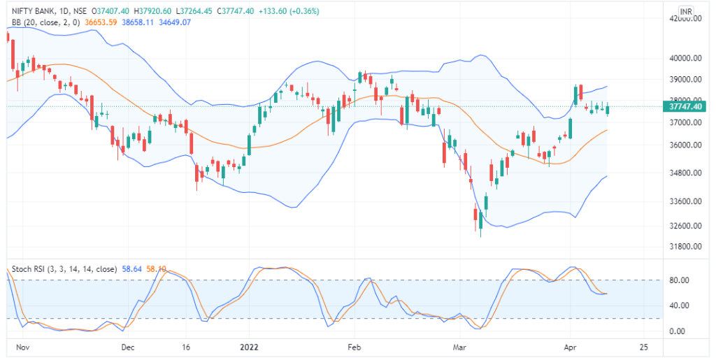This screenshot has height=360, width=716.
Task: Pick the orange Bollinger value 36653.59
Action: [x=102, y=22]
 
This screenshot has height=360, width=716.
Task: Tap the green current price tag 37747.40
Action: [x=686, y=107]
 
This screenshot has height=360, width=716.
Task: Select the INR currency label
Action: [x=686, y=13]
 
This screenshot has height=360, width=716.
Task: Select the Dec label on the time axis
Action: [x=127, y=347]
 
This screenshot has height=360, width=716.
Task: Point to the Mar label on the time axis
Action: [x=459, y=347]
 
